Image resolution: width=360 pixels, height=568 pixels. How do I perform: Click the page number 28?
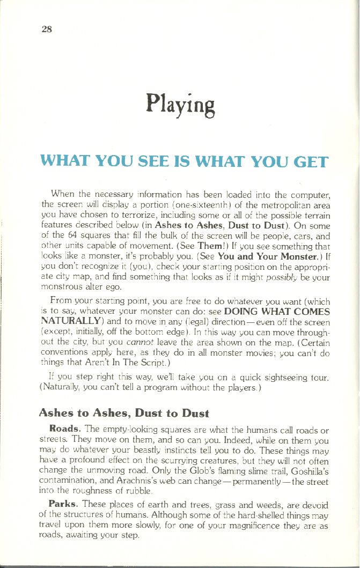pos(46,29)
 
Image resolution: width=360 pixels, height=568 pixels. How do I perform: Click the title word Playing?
pos(180,105)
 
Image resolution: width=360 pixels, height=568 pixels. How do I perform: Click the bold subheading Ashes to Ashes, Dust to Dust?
pos(123,413)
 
